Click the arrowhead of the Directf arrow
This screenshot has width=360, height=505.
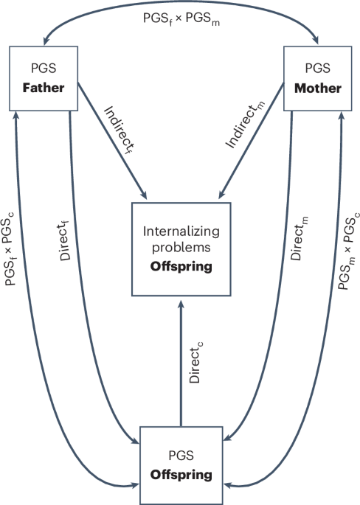[136, 441]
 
